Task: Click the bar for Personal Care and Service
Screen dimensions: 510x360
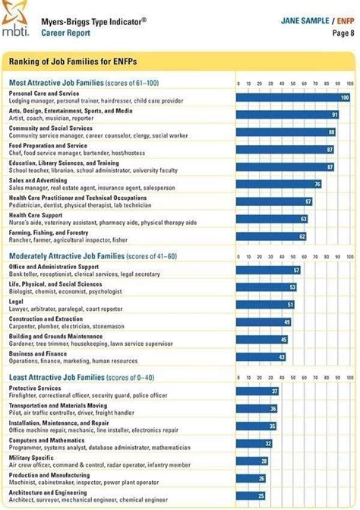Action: coord(293,97)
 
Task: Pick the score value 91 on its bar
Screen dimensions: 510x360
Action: coord(335,115)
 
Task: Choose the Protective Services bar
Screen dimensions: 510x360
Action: coord(258,391)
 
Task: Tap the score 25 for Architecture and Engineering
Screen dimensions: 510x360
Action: coord(261,496)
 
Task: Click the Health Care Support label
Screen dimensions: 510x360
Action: coord(35,215)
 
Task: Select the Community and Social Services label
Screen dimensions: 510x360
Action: coord(50,128)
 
